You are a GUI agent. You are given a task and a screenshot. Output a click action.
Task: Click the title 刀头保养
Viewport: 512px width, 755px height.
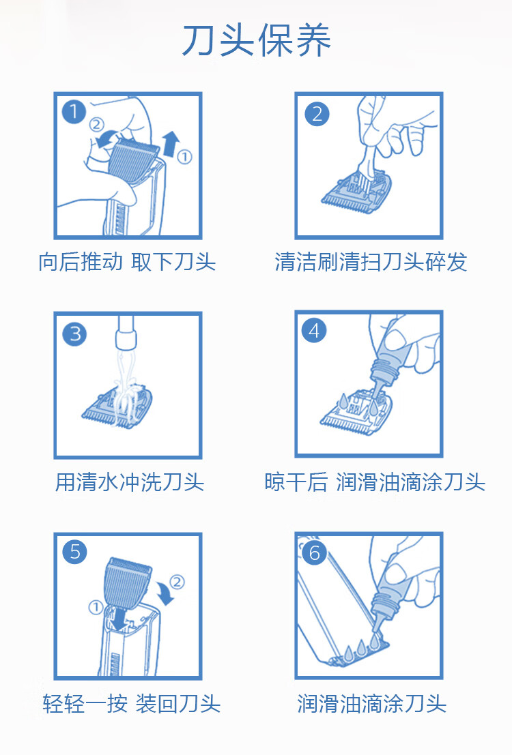click(x=257, y=40)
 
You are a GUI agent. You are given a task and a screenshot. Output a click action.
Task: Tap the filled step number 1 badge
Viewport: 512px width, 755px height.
click(x=74, y=112)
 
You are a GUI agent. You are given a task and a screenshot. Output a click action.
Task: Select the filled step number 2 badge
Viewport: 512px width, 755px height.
click(x=317, y=114)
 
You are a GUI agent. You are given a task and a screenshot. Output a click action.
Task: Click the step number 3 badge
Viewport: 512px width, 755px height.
click(x=74, y=334)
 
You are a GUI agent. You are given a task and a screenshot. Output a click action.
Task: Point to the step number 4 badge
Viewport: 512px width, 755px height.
click(x=314, y=331)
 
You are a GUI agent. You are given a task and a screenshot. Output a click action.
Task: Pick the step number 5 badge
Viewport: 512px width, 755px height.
click(x=74, y=552)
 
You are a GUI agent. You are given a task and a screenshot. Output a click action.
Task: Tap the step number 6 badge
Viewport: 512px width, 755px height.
click(x=314, y=552)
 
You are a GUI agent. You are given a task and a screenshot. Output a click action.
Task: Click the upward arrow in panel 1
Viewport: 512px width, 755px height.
click(x=171, y=143)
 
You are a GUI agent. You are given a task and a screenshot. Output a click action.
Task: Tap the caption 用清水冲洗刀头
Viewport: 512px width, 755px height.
click(x=129, y=482)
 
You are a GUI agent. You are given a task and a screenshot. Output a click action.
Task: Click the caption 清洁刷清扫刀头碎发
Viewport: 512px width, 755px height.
click(x=370, y=261)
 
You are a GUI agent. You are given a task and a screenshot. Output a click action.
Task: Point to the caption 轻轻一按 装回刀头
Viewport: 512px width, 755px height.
click(x=131, y=703)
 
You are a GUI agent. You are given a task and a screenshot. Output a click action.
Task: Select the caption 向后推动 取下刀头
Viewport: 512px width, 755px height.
click(x=127, y=261)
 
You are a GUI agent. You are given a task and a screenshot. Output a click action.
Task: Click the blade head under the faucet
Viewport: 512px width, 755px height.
click(x=117, y=405)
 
